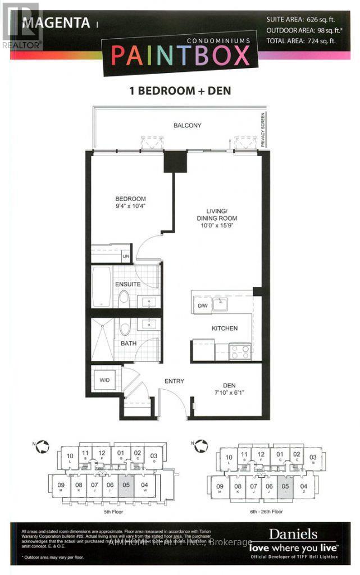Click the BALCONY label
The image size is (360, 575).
click(187, 126)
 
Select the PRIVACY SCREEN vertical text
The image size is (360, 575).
click(262, 129)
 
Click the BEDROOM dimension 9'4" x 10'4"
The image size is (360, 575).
click(130, 207)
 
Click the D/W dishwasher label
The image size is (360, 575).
click(202, 307)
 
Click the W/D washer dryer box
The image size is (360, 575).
click(105, 380)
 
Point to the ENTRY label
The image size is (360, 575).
click(174, 381)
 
